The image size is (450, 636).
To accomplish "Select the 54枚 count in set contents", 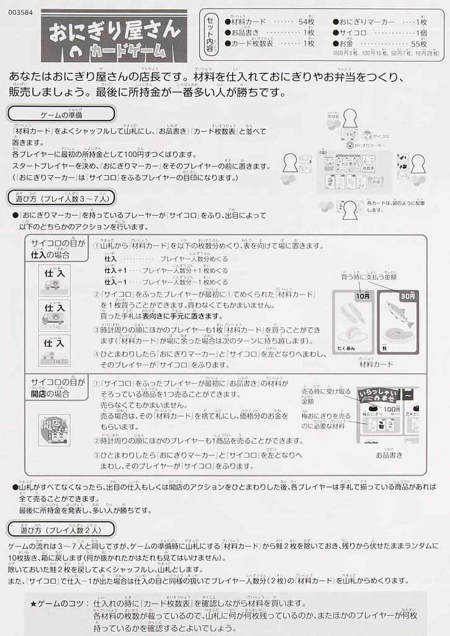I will (x=306, y=21).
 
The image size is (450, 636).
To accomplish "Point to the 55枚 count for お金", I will (x=419, y=43).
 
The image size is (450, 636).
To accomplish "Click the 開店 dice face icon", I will (x=54, y=425).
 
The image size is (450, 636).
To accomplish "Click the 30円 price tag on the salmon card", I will (x=407, y=296).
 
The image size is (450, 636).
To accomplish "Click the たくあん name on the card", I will (x=349, y=349).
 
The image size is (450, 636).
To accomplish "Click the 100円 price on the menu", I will (x=391, y=409).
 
